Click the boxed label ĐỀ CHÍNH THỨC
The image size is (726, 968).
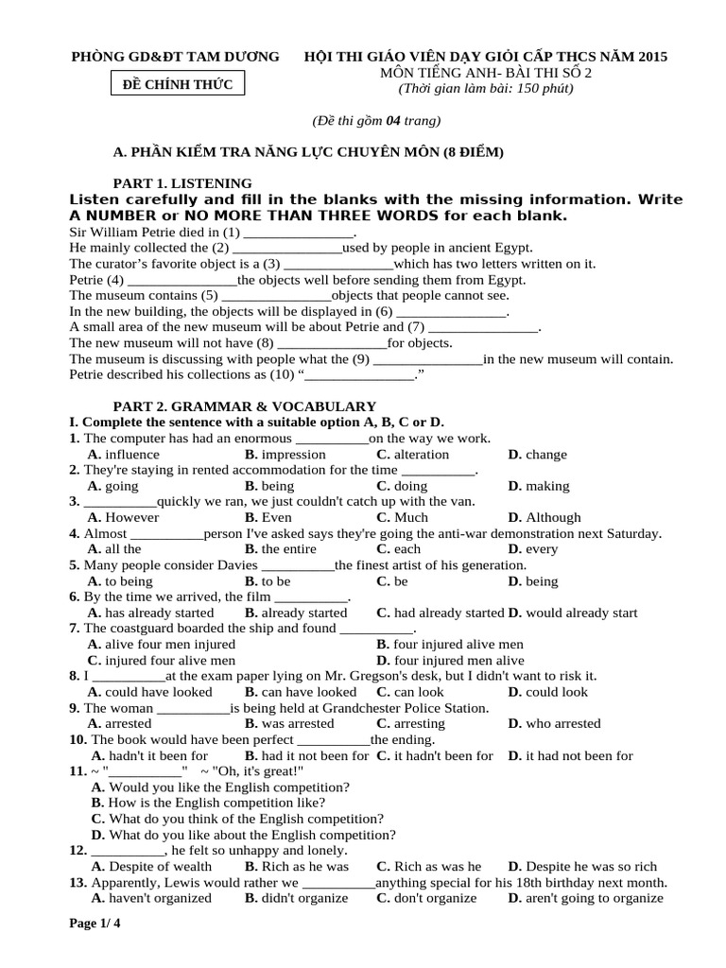177,86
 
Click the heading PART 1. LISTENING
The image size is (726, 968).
182,182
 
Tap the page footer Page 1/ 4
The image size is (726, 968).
95,924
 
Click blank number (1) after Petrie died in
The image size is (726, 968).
298,233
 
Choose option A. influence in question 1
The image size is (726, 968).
124,455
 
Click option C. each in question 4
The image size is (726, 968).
398,549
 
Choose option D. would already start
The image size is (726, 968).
572,613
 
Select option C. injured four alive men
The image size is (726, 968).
162,661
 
